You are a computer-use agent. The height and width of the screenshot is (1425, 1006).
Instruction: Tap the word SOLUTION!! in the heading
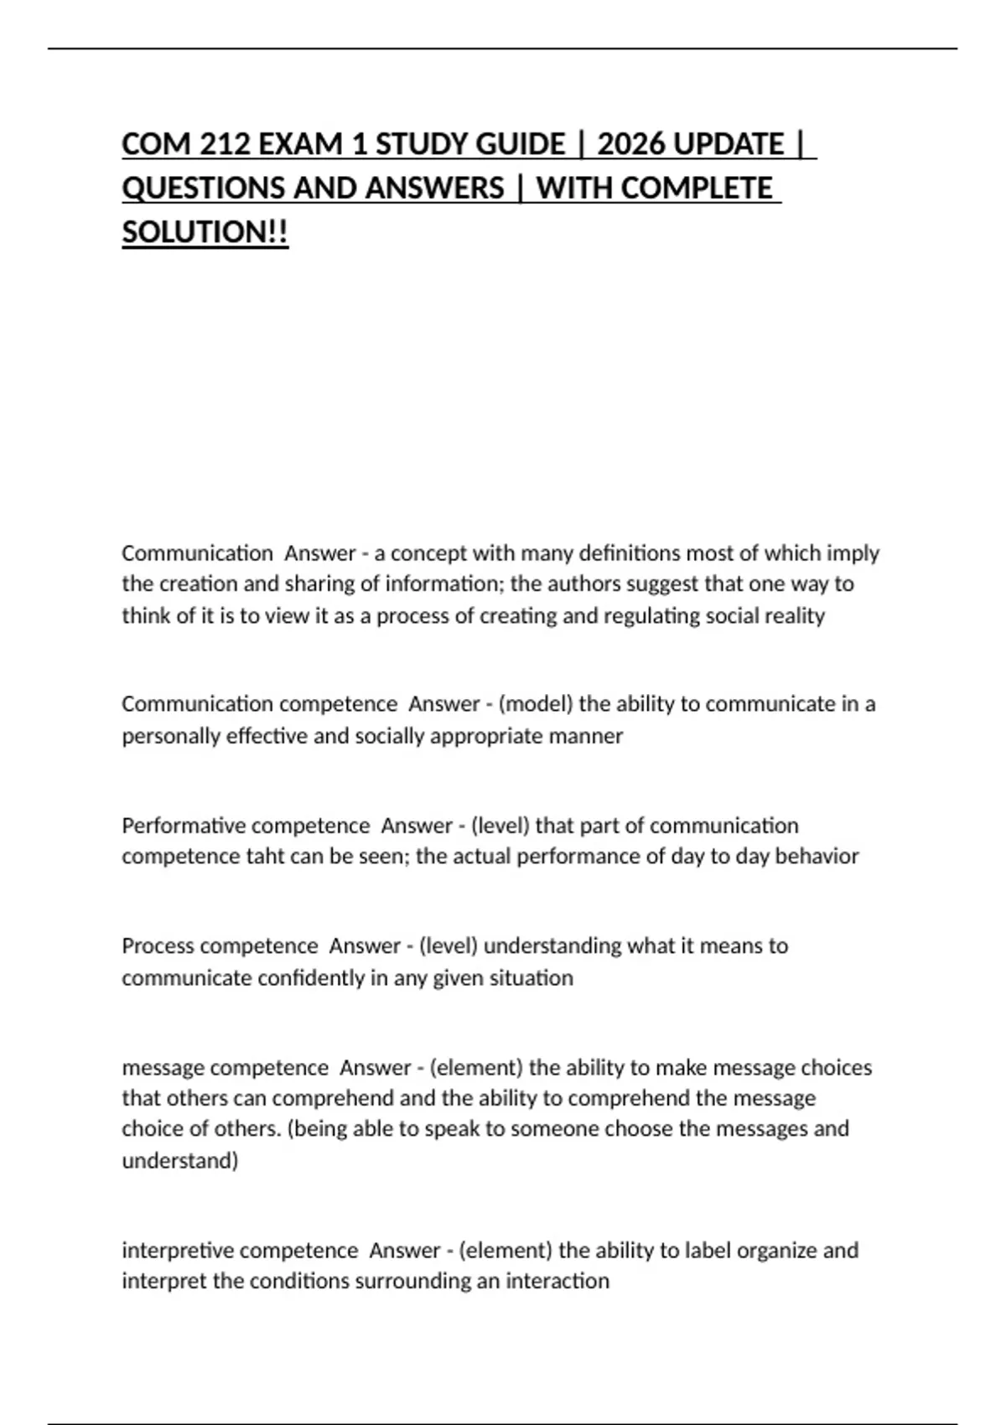[x=205, y=232]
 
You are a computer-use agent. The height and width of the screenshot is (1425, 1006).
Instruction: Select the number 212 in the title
[x=225, y=144]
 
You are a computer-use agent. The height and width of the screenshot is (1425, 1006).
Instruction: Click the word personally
[x=171, y=736]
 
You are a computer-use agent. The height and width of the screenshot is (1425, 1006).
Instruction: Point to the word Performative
[x=184, y=826]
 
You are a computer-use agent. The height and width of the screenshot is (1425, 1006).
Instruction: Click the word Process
[x=157, y=946]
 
